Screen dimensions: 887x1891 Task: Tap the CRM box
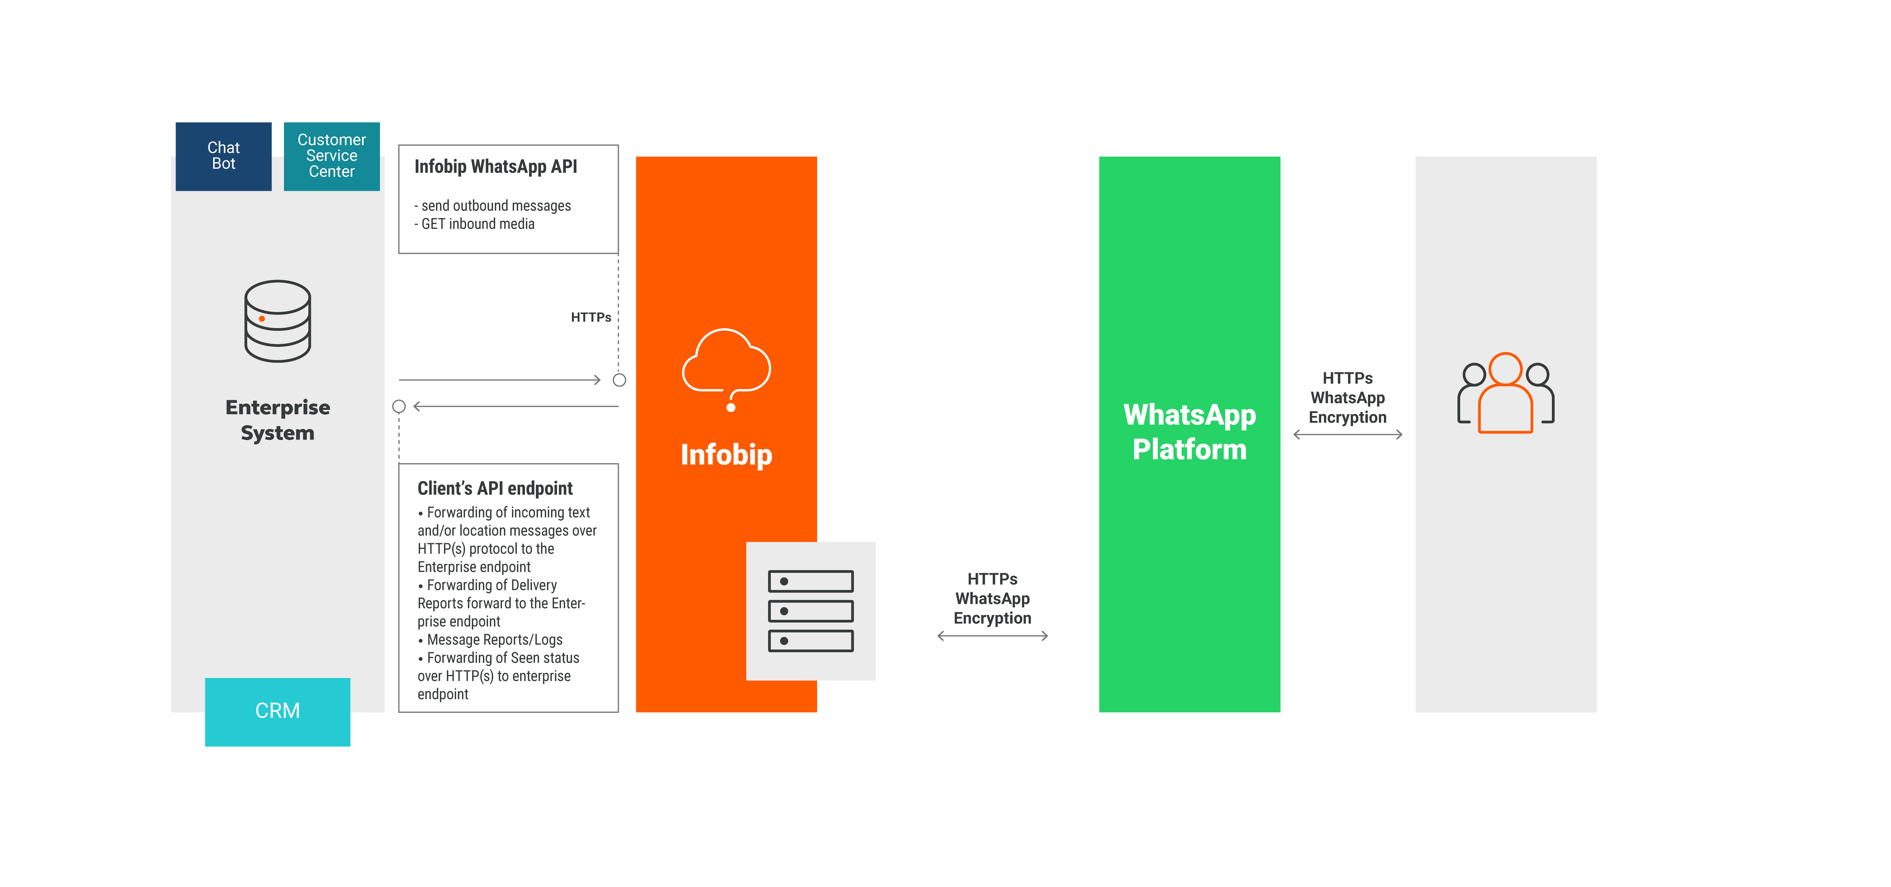pyautogui.click(x=278, y=711)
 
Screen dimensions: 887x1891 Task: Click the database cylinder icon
pyautogui.click(x=278, y=321)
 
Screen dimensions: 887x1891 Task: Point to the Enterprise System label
pyautogui.click(x=278, y=420)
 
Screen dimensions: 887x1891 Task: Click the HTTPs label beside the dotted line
pyautogui.click(x=591, y=317)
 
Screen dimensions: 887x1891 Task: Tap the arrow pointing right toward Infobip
pyautogui.click(x=499, y=380)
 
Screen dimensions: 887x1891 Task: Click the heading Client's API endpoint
pyautogui.click(x=495, y=488)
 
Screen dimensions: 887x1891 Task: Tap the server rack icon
pyautogui.click(x=810, y=611)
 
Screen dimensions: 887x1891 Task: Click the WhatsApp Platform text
pyautogui.click(x=1189, y=432)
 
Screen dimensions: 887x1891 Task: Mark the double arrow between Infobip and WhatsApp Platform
pyautogui.click(x=992, y=636)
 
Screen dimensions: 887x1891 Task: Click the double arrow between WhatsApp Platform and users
pyautogui.click(x=1348, y=435)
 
